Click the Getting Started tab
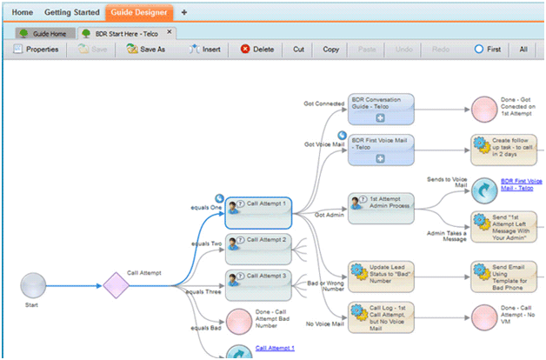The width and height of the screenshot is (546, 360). coord(71,13)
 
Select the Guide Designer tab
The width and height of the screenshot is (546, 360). coord(139,13)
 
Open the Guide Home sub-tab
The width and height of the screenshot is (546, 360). coord(45,32)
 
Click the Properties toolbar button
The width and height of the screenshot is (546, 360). coord(36,50)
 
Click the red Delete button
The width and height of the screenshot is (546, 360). coord(257,50)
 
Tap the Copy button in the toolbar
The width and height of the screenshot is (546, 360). coord(330,50)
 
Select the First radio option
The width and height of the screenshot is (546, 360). coord(488,50)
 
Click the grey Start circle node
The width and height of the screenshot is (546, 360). coord(33,284)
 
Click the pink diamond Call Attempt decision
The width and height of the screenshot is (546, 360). coord(116,284)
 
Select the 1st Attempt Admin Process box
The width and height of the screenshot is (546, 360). coord(381,207)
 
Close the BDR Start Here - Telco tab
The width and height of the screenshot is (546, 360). coord(170,32)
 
